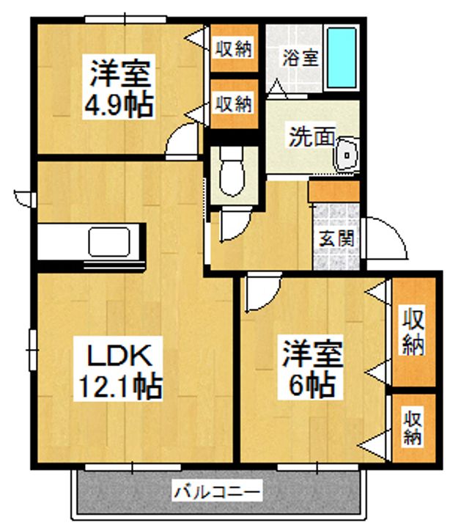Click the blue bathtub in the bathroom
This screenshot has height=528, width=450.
coord(342,58)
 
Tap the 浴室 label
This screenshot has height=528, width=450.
coord(300,58)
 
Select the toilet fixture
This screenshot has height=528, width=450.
coord(232,172)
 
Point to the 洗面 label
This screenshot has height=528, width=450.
coord(312,136)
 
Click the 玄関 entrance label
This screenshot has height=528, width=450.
coord(336,238)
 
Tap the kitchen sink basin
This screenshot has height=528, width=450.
coord(109,241)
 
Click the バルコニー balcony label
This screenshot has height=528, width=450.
coord(217,492)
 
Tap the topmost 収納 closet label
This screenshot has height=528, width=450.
coord(234,49)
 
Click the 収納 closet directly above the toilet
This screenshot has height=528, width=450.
coord(235,104)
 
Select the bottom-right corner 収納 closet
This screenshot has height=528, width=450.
coord(414,428)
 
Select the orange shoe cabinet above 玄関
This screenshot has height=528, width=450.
coord(334,191)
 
